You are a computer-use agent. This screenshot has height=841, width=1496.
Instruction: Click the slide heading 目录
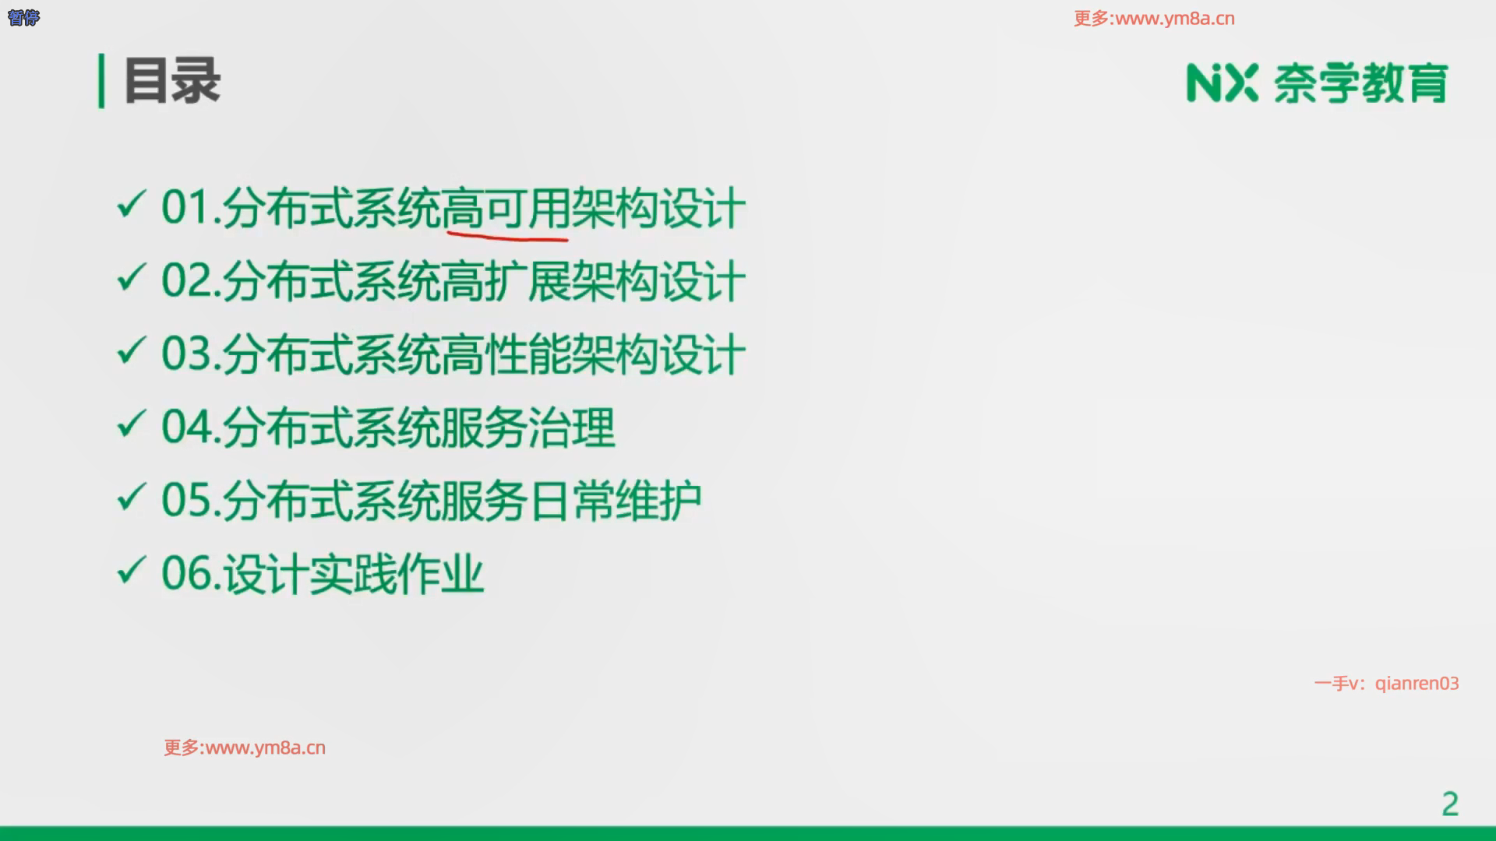[x=172, y=80]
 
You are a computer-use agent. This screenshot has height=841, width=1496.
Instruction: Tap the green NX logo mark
[x=1222, y=83]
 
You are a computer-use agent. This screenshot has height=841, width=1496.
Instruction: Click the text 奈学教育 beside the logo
[x=1360, y=83]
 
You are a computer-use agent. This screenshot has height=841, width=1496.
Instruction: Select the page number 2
[x=1449, y=804]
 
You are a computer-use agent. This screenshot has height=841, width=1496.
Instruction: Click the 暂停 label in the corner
[x=23, y=17]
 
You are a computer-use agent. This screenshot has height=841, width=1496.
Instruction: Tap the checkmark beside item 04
[x=131, y=424]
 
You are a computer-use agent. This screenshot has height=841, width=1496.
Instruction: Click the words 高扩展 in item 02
[x=506, y=281]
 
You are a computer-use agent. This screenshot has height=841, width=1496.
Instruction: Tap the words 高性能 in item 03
[x=506, y=354]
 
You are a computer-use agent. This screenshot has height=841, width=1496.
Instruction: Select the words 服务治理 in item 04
[x=528, y=428]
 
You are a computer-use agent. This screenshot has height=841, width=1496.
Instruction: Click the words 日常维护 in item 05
[x=615, y=501]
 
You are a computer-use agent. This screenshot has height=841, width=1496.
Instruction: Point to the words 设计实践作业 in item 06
[x=354, y=574]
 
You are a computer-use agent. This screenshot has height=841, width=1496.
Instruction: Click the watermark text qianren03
[x=1417, y=684]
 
